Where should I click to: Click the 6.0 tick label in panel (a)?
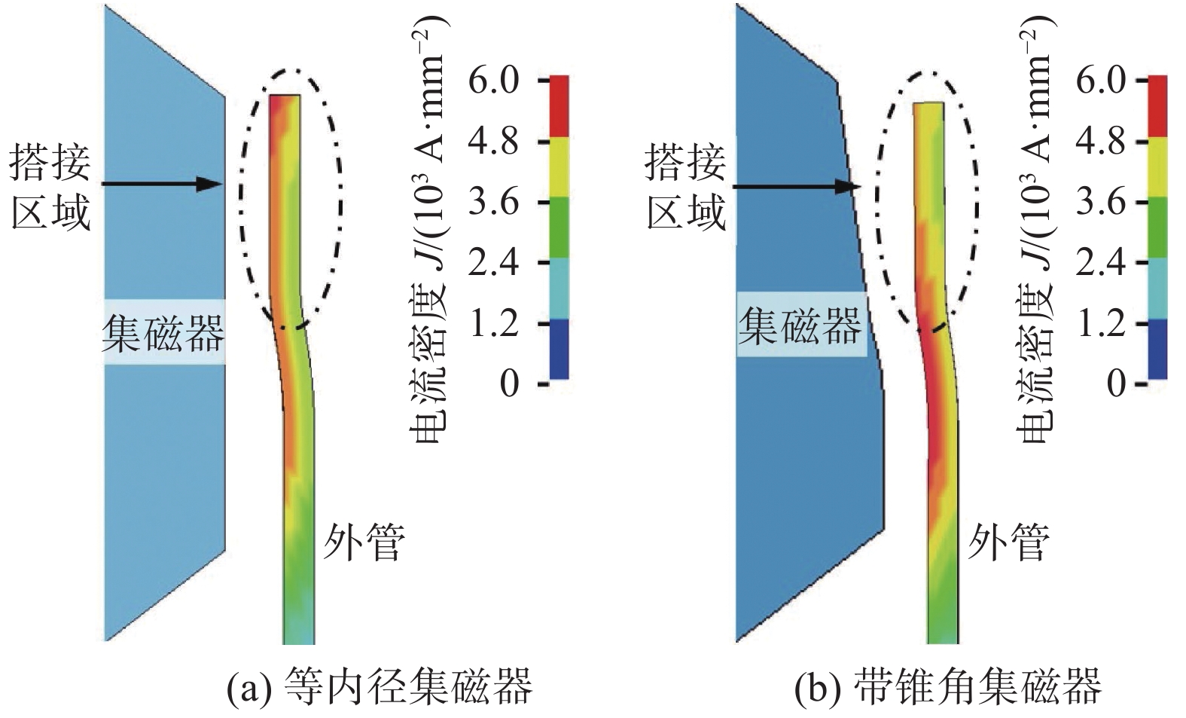click(493, 80)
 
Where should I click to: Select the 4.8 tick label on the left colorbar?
click(493, 141)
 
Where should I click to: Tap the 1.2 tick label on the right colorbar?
click(1100, 323)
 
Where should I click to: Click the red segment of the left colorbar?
click(559, 106)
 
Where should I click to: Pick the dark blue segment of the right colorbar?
click(1157, 349)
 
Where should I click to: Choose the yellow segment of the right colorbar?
click(1157, 167)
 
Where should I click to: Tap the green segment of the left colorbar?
click(559, 228)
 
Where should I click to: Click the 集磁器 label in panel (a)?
click(163, 332)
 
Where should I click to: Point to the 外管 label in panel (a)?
click(364, 542)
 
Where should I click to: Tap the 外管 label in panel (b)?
click(1008, 542)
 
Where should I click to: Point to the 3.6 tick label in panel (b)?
click(1100, 202)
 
